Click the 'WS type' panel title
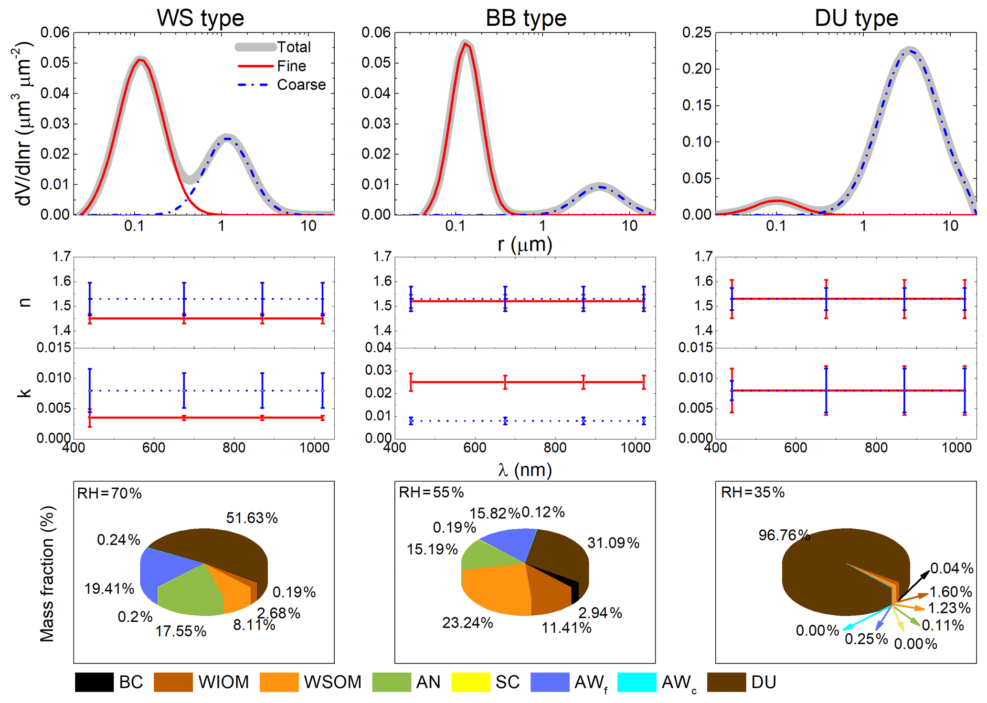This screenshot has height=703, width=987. click(200, 18)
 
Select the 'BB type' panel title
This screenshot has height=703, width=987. click(526, 18)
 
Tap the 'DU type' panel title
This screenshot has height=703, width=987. click(856, 18)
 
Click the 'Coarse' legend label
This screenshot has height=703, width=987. click(301, 84)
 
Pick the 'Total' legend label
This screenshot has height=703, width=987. click(294, 47)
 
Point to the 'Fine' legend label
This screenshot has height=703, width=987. click(291, 66)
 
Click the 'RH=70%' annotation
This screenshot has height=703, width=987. click(109, 493)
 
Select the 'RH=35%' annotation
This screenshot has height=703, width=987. click(753, 492)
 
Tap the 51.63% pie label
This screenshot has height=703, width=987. click(252, 518)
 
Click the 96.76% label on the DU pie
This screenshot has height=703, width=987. click(784, 535)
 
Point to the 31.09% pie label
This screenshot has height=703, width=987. click(613, 543)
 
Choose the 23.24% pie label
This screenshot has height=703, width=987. click(467, 622)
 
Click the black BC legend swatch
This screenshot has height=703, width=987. click(94, 682)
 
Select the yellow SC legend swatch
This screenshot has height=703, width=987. click(470, 682)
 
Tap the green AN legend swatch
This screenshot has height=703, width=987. click(391, 682)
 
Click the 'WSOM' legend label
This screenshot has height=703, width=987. click(332, 682)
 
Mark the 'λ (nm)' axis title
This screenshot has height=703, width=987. click(525, 470)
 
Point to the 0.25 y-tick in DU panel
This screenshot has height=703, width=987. click(697, 32)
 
